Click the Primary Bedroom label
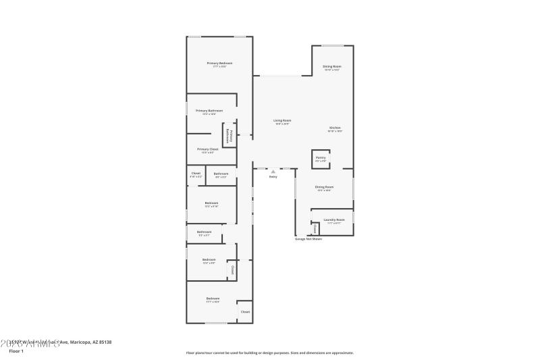pos(219,63)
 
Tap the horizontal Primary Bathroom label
pos(209,110)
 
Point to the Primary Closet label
pos(208,149)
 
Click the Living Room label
pos(281,120)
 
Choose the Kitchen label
pos(335,128)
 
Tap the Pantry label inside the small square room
pos(321,157)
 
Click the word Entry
pos(273,177)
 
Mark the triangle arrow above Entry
pos(273,172)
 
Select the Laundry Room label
pos(334,220)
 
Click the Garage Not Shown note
pos(308,238)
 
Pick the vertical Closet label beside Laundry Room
pos(315,228)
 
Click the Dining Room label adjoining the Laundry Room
pos(324,187)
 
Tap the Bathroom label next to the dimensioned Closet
pos(221,174)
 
